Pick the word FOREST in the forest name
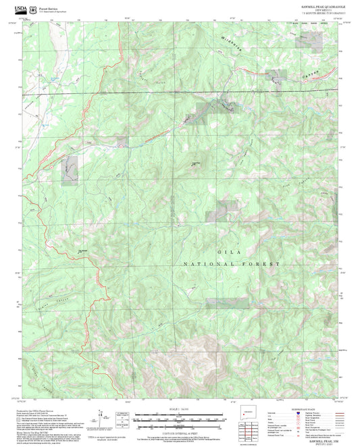(265, 263)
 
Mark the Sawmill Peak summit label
(195, 162)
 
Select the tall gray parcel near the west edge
(70, 170)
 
